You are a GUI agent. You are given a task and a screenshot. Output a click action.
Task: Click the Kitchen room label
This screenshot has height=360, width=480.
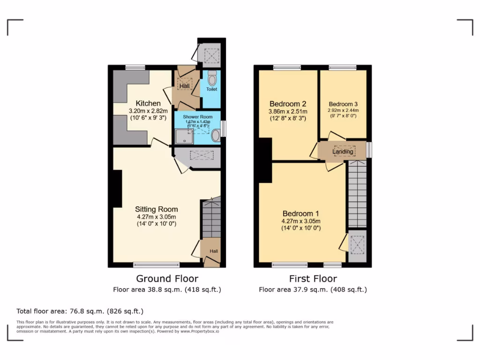tap(148, 103)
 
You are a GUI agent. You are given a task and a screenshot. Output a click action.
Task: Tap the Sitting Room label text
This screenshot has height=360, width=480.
tap(156, 209)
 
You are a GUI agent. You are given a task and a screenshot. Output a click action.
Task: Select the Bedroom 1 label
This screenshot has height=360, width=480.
tap(300, 213)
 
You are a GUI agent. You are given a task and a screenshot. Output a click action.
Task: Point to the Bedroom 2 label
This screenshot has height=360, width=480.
tap(288, 104)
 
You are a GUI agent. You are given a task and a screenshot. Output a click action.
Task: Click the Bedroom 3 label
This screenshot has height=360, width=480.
tap(343, 104)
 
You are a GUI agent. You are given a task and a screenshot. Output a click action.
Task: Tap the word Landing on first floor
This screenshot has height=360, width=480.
tap(343, 151)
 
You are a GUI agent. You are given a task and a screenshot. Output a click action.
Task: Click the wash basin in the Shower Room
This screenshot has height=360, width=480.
tap(216, 136)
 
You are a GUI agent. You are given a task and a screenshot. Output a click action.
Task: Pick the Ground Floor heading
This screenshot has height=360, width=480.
tap(167, 279)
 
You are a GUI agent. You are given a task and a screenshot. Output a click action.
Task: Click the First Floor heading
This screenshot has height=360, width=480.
tap(313, 279)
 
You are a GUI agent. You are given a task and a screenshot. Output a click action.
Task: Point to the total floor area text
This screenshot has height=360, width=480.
tap(80, 311)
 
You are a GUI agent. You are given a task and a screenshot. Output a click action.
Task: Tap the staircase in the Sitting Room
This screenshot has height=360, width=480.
tap(211, 218)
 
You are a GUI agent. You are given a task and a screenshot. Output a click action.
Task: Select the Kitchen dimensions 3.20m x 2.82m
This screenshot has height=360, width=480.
tap(148, 111)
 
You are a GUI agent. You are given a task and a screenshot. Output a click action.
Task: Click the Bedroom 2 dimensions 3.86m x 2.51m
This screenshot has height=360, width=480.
tap(288, 112)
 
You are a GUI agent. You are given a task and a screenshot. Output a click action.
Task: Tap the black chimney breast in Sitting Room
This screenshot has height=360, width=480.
tap(116, 188)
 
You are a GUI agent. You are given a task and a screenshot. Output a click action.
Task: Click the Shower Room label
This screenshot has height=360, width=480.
tap(197, 117)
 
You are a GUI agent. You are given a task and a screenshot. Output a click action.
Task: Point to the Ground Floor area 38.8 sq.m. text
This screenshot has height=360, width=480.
tap(167, 290)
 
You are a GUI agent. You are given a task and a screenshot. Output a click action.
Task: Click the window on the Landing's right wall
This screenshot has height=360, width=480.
tap(369, 150)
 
